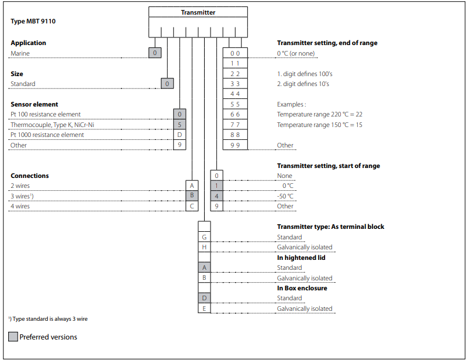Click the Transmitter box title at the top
click(x=198, y=12)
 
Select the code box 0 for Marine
click(x=155, y=53)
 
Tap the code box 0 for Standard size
click(x=167, y=84)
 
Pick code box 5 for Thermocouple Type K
click(x=180, y=125)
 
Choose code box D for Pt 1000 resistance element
click(x=180, y=135)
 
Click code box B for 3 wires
click(x=192, y=196)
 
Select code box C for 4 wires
click(x=192, y=206)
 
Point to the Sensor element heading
click(x=35, y=104)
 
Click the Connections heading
click(x=30, y=176)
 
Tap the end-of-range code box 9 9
click(x=235, y=145)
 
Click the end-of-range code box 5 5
click(x=235, y=104)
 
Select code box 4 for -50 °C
click(x=216, y=196)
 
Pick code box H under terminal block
click(x=204, y=247)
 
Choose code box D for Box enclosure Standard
click(x=204, y=298)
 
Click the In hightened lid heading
click(x=301, y=258)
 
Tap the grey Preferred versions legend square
click(x=13, y=337)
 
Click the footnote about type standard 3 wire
click(x=48, y=319)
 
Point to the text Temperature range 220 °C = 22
click(x=320, y=114)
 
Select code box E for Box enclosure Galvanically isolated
click(x=204, y=308)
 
